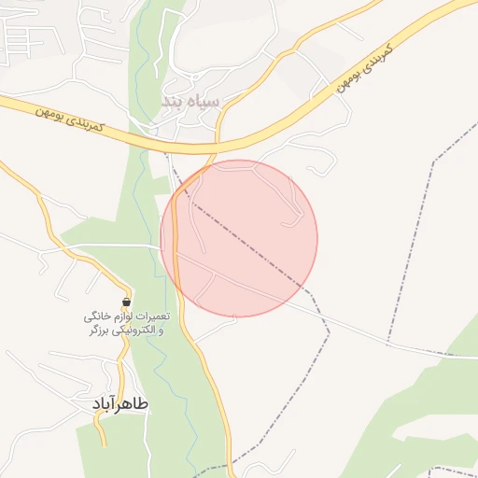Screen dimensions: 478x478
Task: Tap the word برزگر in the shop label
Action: [x=100, y=330]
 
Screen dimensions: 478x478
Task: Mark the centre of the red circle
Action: [x=239, y=238]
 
